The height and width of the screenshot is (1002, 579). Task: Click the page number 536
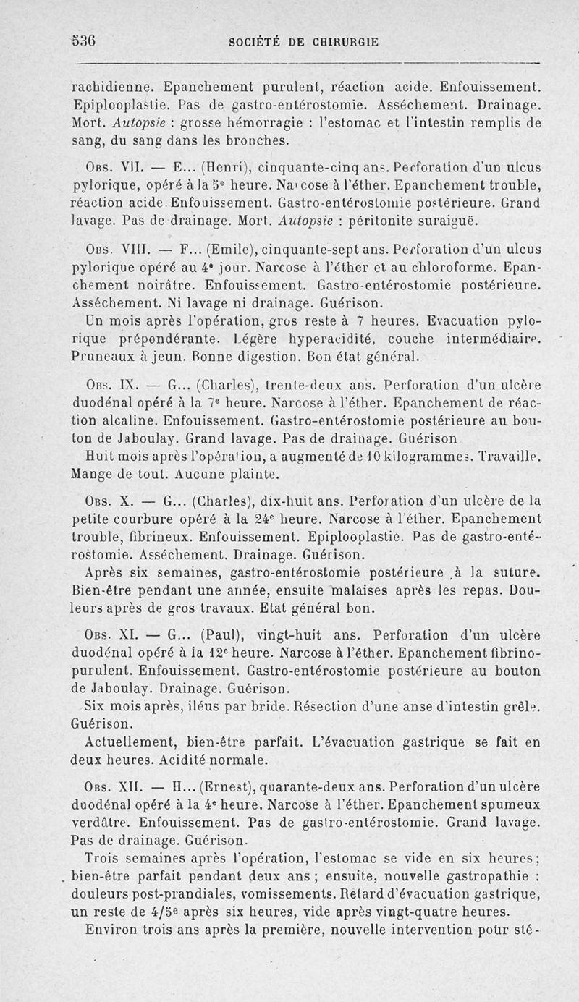(85, 41)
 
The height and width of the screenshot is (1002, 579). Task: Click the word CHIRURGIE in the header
(337, 41)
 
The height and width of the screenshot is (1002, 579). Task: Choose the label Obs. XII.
(106, 785)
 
